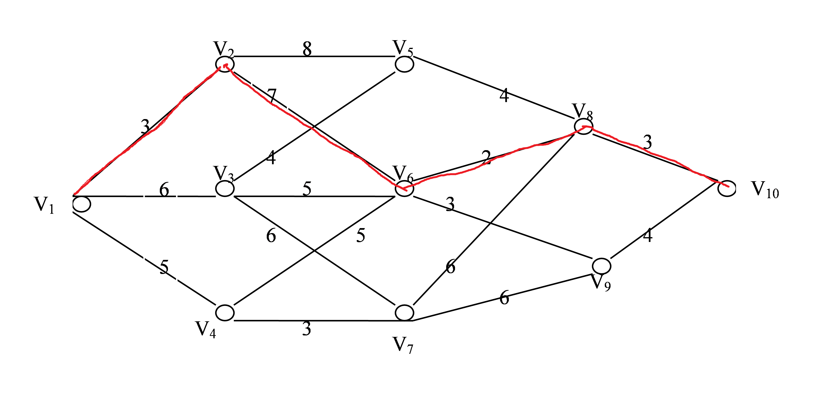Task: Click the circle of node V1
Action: coord(82,204)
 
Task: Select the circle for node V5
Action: coord(404,64)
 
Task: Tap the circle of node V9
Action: coord(601,266)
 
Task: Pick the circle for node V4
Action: coord(225,312)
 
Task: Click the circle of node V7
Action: coord(404,312)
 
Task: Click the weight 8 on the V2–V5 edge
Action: coord(307,49)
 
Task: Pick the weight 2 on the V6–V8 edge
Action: coord(486,157)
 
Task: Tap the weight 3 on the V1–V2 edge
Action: coord(145,126)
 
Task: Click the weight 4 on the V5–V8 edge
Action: coord(504,95)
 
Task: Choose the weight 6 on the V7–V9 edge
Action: coord(504,297)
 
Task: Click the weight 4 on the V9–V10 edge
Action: coord(647,235)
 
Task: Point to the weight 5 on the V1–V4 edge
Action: coord(164,267)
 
